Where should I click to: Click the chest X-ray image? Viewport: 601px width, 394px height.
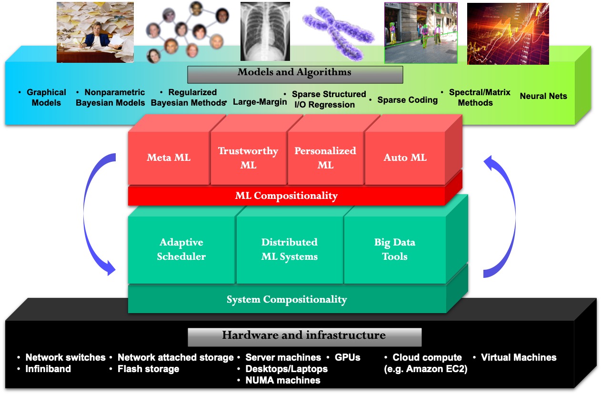(x=265, y=31)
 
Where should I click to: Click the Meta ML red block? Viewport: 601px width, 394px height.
(x=169, y=158)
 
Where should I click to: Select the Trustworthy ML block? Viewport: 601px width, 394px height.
(x=248, y=158)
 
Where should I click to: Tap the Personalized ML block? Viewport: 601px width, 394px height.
(x=325, y=158)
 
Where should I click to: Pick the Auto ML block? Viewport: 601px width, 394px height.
(x=405, y=158)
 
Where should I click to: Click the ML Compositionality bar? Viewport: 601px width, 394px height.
(x=286, y=196)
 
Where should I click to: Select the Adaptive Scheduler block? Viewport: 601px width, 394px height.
(x=181, y=249)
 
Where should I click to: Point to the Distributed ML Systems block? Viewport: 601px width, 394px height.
(x=290, y=249)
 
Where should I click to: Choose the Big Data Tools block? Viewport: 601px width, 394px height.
(x=394, y=249)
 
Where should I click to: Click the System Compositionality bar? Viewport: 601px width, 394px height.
(x=287, y=300)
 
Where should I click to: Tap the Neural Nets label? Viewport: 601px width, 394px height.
(x=543, y=96)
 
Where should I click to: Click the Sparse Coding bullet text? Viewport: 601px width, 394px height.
(x=407, y=100)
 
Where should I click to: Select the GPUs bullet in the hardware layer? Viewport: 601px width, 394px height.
(x=347, y=357)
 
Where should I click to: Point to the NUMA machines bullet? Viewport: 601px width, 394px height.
(x=282, y=380)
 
